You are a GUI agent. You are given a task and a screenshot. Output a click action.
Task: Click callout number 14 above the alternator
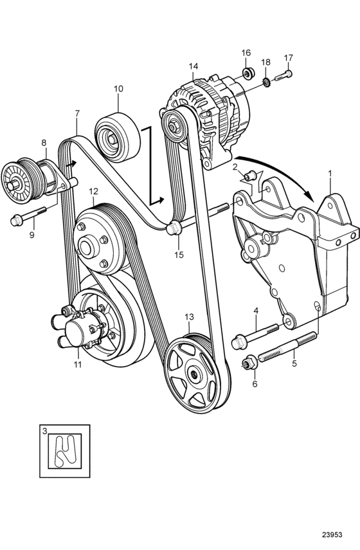(193, 66)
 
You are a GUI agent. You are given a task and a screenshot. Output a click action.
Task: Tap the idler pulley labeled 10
(118, 137)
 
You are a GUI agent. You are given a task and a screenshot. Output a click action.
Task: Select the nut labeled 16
(249, 74)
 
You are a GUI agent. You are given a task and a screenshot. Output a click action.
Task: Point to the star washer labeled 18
(267, 83)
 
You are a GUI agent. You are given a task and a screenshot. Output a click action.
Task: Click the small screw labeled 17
(284, 75)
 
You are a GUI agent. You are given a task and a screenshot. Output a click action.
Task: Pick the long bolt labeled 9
(29, 215)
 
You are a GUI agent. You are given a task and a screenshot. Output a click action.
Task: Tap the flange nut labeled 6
(250, 363)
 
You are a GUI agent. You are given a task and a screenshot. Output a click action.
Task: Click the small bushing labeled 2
(250, 176)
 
